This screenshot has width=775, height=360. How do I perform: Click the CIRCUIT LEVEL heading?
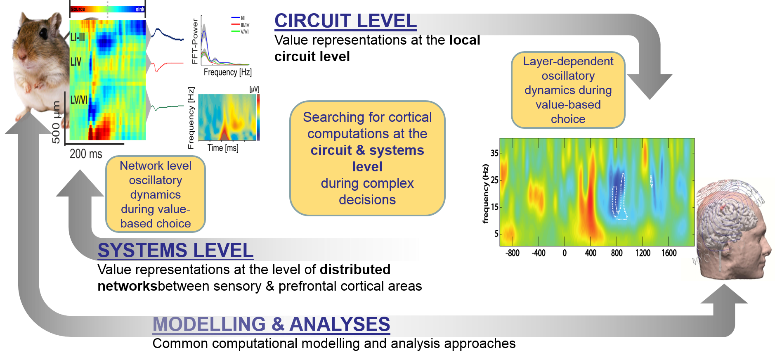coord(345,21)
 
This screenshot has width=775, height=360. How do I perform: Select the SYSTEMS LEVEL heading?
coord(175,250)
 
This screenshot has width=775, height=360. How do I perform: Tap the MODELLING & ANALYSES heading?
coord(271,324)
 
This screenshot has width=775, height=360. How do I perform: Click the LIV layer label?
coord(76,62)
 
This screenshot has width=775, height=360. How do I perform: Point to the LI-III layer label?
coord(78,38)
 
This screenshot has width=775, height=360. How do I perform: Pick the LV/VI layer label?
coord(79,100)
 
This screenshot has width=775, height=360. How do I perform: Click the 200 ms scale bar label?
coord(86,154)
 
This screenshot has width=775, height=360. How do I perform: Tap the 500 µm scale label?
coord(56,122)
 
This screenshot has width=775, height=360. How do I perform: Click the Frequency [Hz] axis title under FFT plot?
coord(228,72)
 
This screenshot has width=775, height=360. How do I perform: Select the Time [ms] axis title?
coord(223,148)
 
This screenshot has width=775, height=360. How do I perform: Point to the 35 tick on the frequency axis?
coord(494,153)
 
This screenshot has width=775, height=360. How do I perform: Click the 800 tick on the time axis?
coord(617,253)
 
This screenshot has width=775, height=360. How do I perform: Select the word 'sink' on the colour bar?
coord(140,9)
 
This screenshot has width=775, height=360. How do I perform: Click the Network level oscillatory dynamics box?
coord(156,194)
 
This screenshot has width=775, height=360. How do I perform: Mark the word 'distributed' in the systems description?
coord(355,270)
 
